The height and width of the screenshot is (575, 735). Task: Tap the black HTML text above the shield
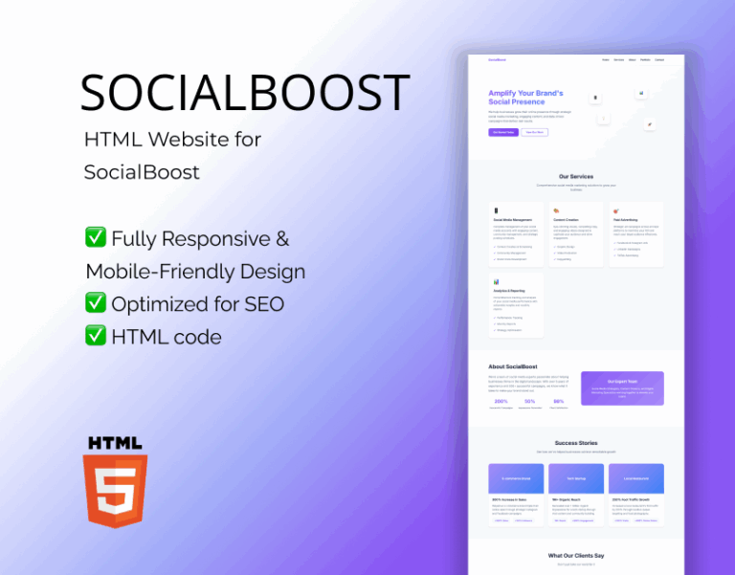[115, 443]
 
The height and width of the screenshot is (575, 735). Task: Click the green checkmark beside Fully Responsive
[96, 238]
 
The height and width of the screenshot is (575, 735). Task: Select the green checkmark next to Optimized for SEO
[96, 303]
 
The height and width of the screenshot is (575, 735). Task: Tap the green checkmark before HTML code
[96, 335]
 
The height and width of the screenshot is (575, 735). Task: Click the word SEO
[262, 304]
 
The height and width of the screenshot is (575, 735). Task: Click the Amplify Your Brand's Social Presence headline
[525, 98]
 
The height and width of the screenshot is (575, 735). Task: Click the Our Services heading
[576, 177]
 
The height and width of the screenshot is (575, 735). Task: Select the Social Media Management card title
[513, 219]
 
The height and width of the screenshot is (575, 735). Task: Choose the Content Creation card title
[567, 219]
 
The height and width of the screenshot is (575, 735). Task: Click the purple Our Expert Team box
[622, 387]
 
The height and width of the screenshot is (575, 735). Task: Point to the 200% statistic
[501, 402]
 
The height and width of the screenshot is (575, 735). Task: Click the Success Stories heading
[576, 443]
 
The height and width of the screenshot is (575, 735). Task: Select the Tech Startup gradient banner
[576, 478]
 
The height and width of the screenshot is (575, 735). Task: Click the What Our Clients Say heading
[576, 556]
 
